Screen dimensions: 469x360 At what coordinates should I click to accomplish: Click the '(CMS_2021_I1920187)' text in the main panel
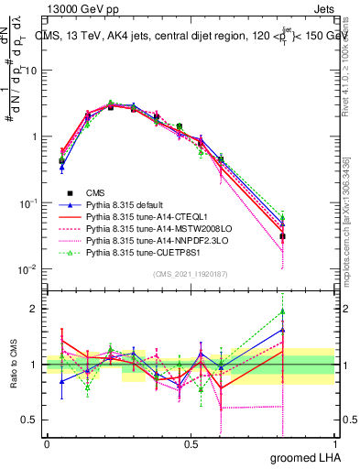[x=191, y=274]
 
